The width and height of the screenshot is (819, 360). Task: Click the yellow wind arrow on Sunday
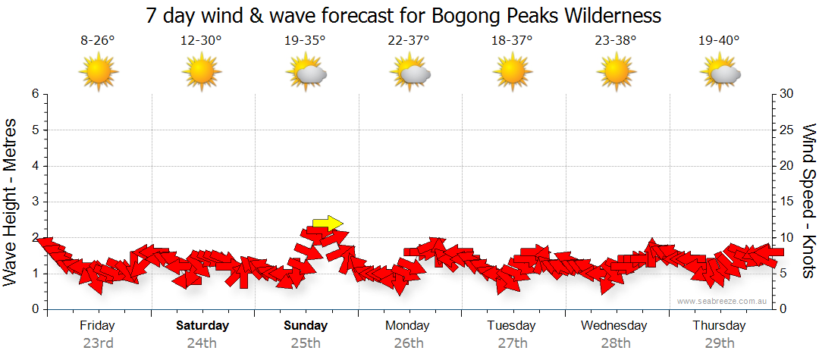328,223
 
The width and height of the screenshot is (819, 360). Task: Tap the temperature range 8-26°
98,41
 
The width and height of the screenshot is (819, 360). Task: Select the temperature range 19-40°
719,41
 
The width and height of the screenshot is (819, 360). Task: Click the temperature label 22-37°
409,41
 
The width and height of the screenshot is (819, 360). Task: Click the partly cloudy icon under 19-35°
306,74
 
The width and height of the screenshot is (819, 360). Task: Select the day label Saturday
202,326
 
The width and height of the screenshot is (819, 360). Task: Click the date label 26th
409,343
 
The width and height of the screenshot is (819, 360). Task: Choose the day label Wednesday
614,326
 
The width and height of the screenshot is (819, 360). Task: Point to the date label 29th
719,343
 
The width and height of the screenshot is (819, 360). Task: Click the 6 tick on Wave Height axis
35,94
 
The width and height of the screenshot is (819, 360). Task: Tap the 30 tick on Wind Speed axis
787,94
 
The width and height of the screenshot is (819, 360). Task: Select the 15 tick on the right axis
787,202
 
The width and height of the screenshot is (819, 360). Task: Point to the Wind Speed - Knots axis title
808,201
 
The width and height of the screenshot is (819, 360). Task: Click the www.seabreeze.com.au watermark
723,301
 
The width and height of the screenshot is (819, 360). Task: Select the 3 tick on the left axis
35,202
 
